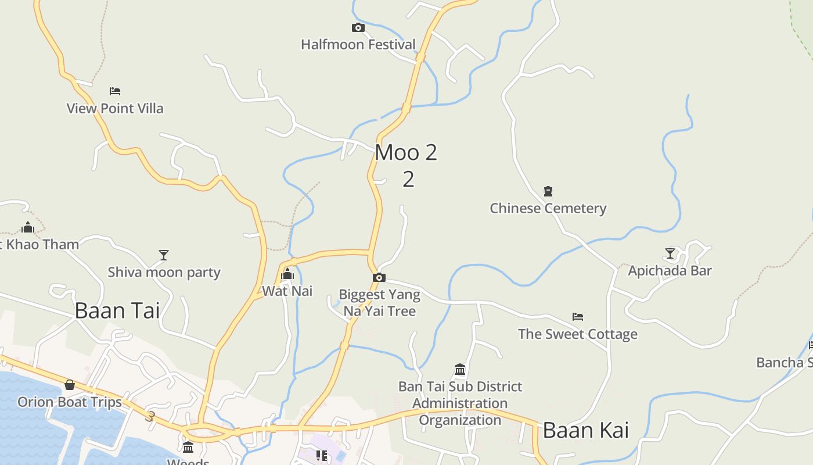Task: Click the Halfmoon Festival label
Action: tap(358, 45)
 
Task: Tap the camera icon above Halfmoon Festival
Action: tap(358, 27)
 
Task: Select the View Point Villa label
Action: tap(115, 109)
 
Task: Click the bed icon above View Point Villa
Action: tap(115, 91)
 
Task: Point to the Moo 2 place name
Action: tap(406, 153)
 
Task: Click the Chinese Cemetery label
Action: tap(548, 208)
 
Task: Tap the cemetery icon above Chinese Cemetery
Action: tap(548, 191)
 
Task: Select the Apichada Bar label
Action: tap(670, 271)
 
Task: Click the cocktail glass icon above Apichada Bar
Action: tap(670, 253)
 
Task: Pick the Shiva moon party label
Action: tap(164, 273)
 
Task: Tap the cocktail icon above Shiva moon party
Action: tap(164, 255)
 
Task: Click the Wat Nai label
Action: tap(287, 291)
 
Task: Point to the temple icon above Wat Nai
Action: tap(287, 274)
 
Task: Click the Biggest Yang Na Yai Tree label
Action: tap(379, 303)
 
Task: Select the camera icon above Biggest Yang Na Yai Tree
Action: tap(379, 278)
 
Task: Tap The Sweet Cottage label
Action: tap(577, 334)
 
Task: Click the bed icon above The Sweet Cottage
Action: tap(577, 317)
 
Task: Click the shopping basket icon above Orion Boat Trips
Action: tap(70, 385)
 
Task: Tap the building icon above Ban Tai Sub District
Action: tap(460, 370)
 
